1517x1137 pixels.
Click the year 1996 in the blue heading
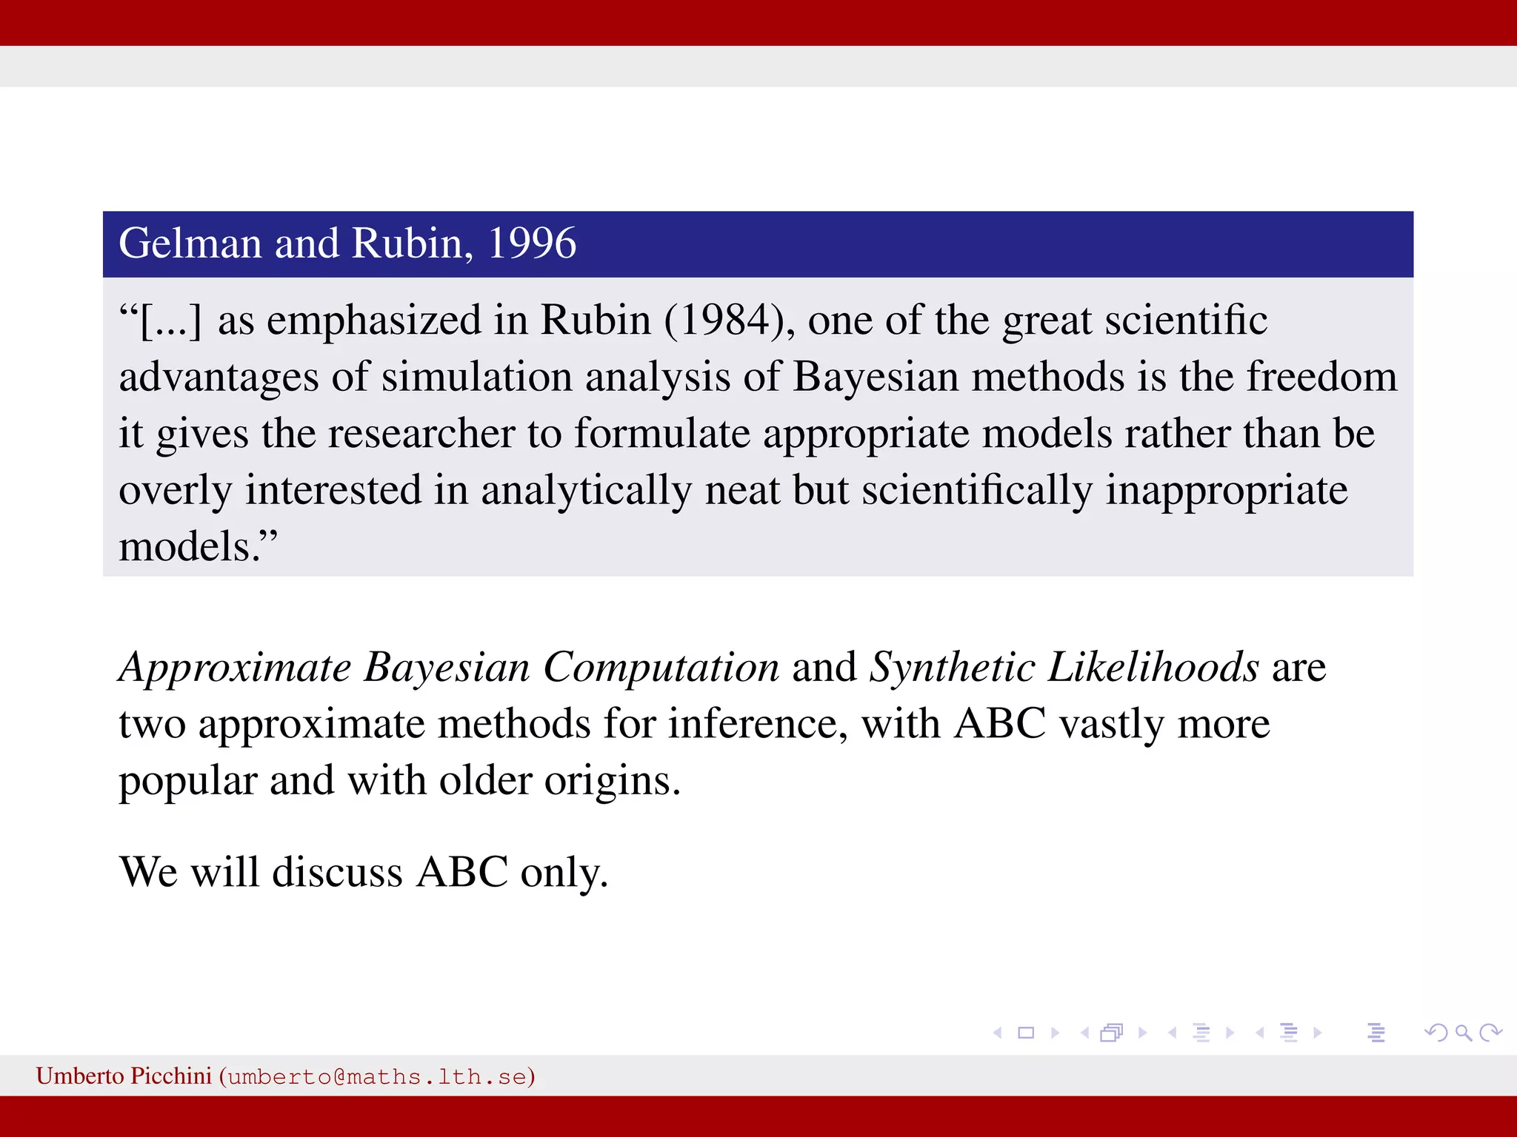[x=531, y=244]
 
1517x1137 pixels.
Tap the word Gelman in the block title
[x=190, y=244]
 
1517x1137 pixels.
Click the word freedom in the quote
[x=1321, y=377]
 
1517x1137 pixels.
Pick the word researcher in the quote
[x=421, y=434]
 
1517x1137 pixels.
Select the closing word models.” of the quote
[x=198, y=547]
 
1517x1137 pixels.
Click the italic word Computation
[x=661, y=667]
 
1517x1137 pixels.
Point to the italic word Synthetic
[x=952, y=667]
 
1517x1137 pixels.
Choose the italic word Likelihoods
[x=1153, y=667]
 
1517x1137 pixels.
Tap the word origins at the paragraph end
[x=612, y=781]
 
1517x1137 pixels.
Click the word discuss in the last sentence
[x=337, y=872]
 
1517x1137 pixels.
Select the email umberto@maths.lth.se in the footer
[x=377, y=1076]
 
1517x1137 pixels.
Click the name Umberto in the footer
[x=79, y=1076]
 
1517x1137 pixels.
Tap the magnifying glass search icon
[x=1463, y=1033]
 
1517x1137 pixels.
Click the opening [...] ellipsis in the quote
[x=170, y=321]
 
